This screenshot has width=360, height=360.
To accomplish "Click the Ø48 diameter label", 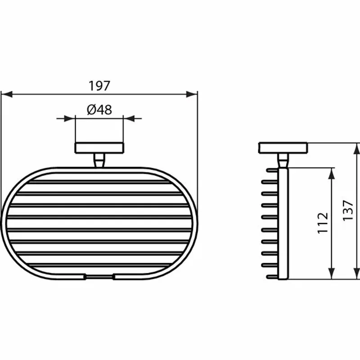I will point(99,109).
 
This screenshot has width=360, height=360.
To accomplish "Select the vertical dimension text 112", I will point(323,223).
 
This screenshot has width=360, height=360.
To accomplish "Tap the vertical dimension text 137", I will point(348,210).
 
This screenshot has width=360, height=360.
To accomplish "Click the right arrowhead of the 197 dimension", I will point(193,94).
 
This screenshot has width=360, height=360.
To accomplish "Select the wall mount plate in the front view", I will point(99,148).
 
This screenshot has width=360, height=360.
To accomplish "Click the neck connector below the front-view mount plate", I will point(99,160).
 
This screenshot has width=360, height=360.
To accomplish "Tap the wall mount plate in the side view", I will point(283,148).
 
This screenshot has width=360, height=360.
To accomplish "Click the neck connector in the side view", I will point(283,160).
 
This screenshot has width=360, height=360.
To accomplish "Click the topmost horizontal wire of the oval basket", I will point(99,183).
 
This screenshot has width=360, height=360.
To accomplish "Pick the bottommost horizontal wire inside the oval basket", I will point(99,264).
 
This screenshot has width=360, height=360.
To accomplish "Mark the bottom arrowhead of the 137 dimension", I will point(357,275).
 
